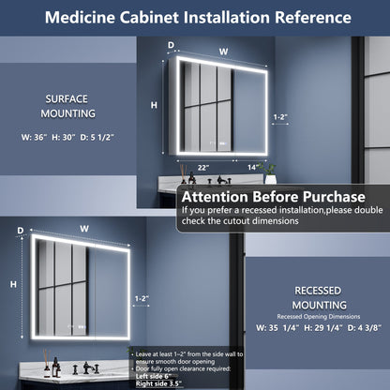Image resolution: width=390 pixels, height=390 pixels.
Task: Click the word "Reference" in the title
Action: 301,18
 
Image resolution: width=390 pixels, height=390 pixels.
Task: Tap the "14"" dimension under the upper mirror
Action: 253,166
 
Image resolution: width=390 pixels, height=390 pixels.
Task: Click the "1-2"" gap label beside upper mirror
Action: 279,117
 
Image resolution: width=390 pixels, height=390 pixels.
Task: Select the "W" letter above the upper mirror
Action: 222,52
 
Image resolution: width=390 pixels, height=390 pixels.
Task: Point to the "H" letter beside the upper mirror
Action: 154,105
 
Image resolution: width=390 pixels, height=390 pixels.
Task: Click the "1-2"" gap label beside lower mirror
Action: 142,299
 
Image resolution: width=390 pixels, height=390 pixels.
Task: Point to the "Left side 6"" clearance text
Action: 153,376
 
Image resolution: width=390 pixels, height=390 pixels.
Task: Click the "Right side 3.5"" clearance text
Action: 157,383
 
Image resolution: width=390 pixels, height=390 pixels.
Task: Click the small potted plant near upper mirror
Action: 271,174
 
